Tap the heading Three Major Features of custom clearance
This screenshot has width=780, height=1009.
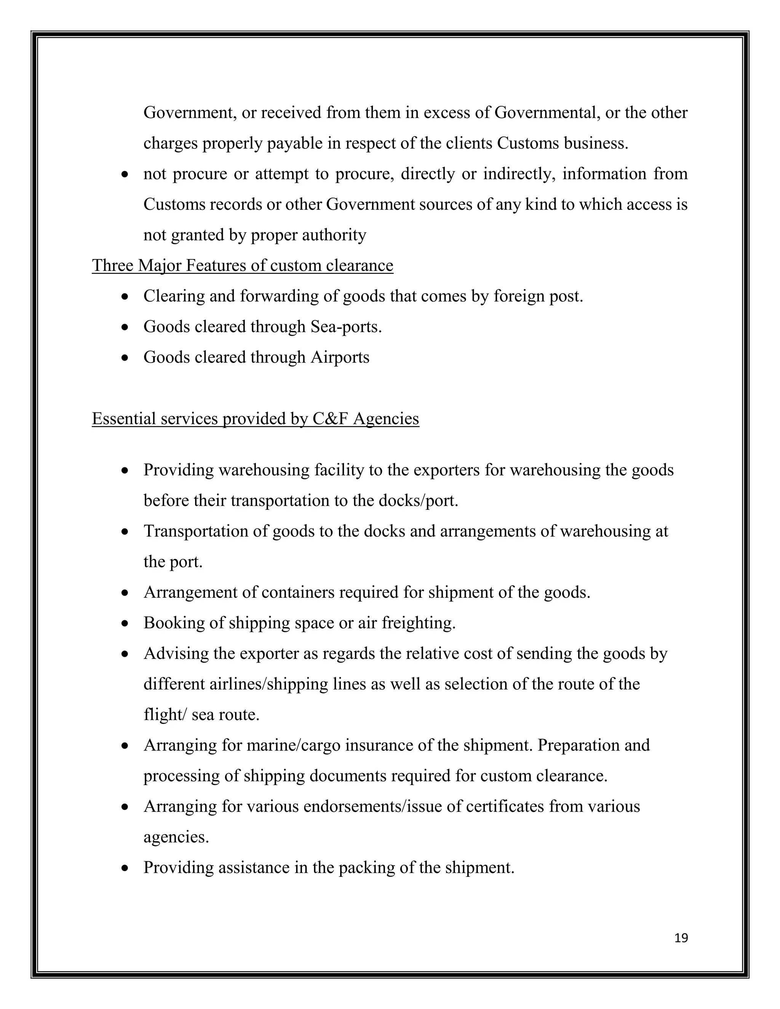[243, 266]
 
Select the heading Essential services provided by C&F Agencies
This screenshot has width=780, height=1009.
[256, 418]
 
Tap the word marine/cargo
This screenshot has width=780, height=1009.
[293, 745]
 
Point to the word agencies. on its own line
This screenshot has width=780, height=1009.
[176, 837]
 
